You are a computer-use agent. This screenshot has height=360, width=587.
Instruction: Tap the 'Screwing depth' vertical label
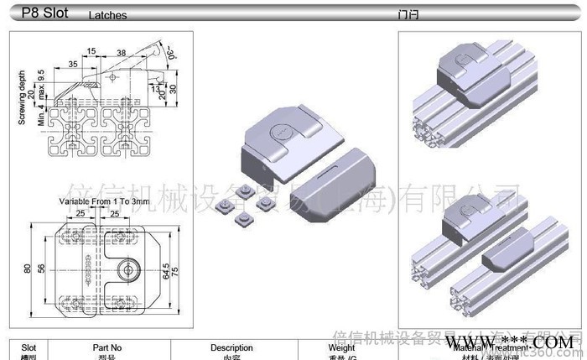(23, 97)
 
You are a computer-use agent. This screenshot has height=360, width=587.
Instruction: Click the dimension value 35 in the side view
(74, 64)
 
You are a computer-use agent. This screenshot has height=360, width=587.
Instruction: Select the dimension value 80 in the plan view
(27, 269)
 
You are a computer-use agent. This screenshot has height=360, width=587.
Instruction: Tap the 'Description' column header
(231, 347)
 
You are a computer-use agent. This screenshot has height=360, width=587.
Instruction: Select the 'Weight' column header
(341, 347)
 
